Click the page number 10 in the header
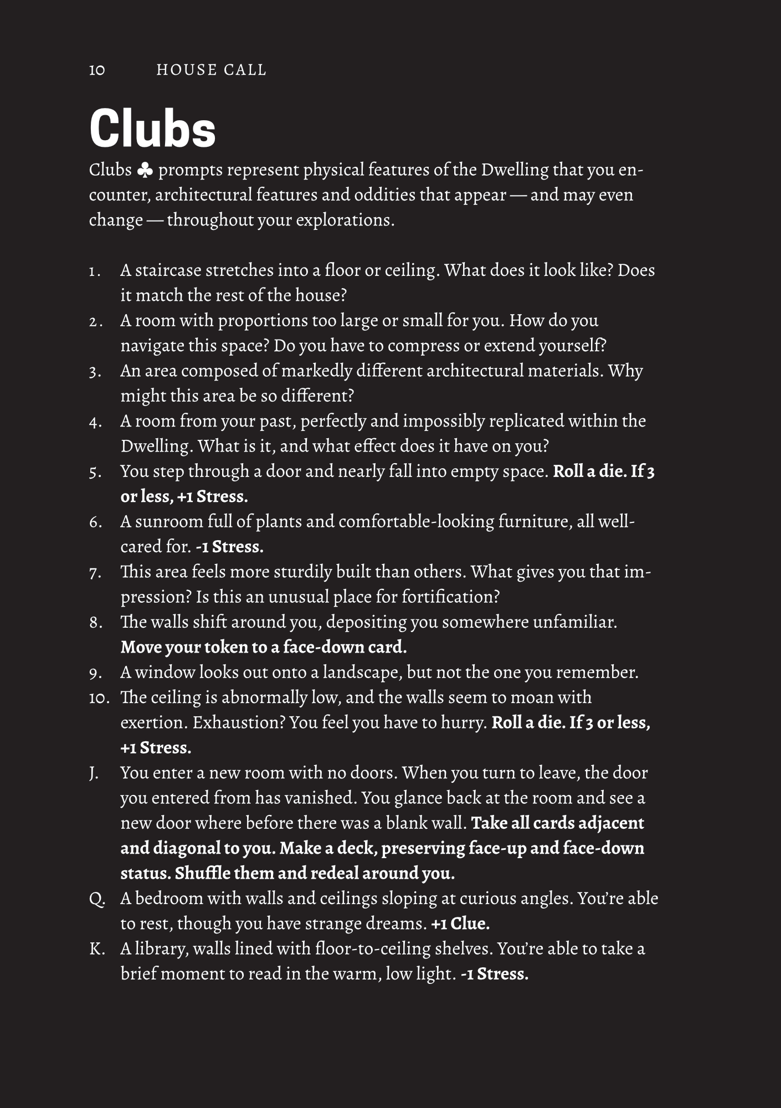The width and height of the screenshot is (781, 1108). (x=97, y=70)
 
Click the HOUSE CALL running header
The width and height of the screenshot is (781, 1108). (x=212, y=70)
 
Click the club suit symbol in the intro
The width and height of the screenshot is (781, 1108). (x=145, y=171)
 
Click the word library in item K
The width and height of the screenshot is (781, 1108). (x=162, y=950)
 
